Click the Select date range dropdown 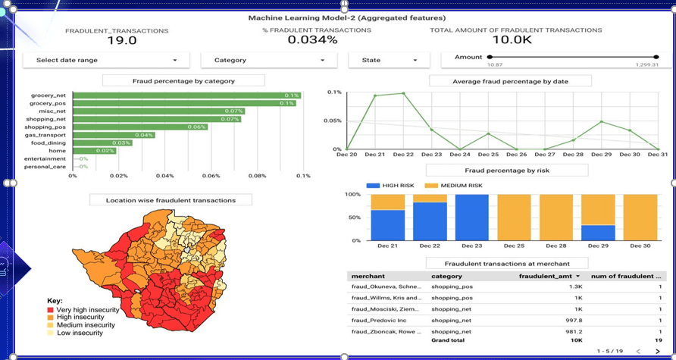[x=106, y=60]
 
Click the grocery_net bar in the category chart [x=186, y=95]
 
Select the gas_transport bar [x=114, y=135]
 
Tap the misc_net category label [x=52, y=111]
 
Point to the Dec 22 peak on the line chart [x=403, y=93]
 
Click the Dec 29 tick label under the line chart [x=601, y=155]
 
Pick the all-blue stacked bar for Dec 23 [x=472, y=218]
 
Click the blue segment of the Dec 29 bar [x=599, y=233]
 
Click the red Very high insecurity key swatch [x=51, y=310]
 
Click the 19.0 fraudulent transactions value [x=121, y=41]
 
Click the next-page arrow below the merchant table [x=658, y=351]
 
